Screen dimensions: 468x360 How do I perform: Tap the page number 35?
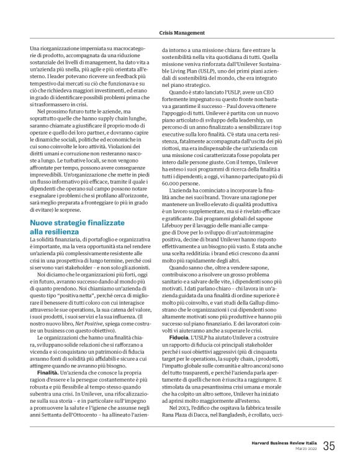pos(329,445)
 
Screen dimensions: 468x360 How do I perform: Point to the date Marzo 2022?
pos(305,449)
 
